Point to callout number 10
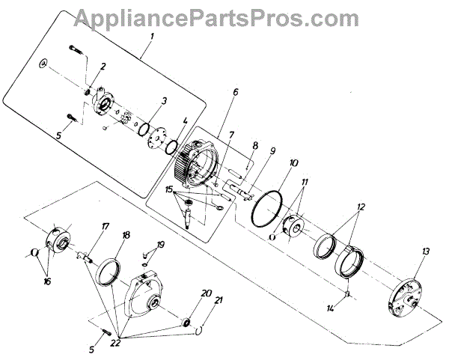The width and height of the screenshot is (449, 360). (294, 162)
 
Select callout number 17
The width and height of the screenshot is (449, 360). (106, 226)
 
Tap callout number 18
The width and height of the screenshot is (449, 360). (126, 235)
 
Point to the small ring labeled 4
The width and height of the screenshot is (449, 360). (171, 144)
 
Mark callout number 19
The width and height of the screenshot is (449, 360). (161, 244)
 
